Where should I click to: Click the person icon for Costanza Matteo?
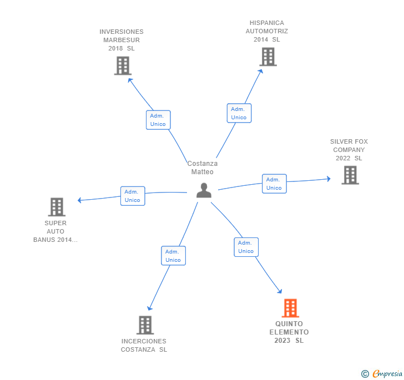tap(204, 190)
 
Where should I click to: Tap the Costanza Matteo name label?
tap(203, 168)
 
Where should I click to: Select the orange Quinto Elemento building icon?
tap(290, 308)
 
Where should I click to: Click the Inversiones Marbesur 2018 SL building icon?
tap(122, 65)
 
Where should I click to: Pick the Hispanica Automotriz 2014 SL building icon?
tap(267, 57)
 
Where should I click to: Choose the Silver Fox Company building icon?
tap(350, 175)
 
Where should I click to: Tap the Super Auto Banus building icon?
tap(56, 207)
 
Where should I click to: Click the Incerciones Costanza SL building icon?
tap(144, 325)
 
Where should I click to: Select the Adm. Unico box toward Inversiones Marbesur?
tap(158, 120)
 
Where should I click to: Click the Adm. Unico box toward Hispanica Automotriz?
tap(239, 113)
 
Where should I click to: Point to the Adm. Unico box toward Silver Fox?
tap(274, 184)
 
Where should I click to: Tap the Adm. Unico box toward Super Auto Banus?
tap(133, 196)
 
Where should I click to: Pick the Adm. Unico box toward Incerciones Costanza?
tap(173, 256)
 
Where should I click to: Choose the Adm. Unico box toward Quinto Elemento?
tap(246, 247)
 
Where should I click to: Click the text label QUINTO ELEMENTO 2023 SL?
tap(289, 332)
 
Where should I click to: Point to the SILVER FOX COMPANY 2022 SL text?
tap(349, 150)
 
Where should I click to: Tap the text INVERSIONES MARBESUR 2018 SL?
tap(122, 40)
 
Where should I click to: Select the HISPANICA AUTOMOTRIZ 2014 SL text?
tap(267, 31)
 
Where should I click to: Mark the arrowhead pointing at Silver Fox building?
tap(328, 179)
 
